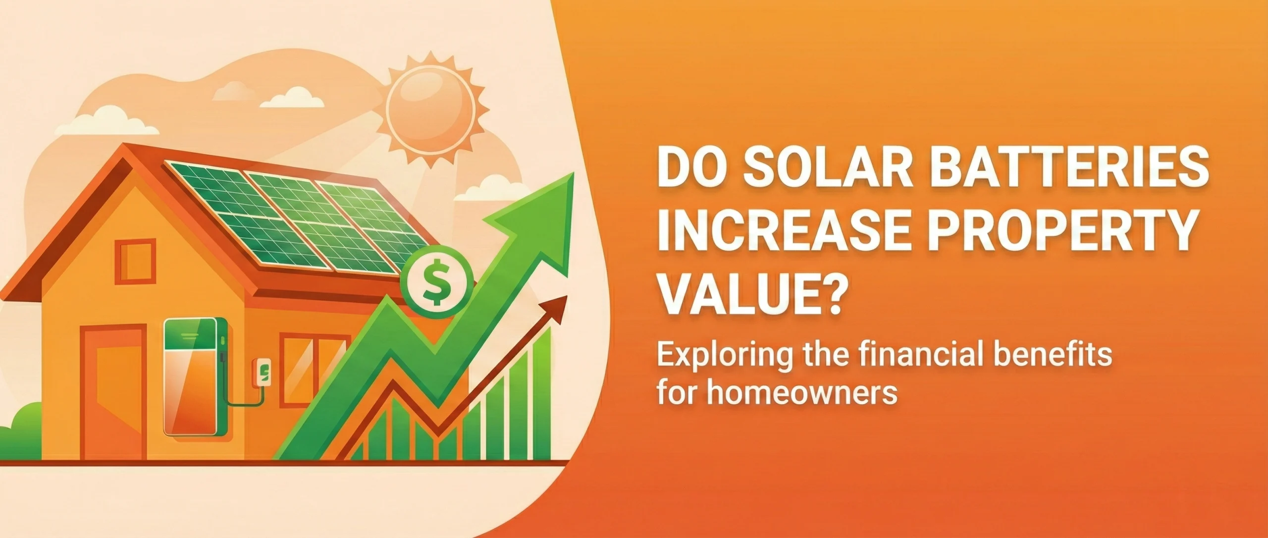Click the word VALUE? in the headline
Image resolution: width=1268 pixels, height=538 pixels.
750,296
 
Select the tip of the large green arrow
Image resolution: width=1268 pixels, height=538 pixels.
574,173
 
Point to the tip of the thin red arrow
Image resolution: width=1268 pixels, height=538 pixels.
568,296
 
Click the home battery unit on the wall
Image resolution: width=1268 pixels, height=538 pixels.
195,377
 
